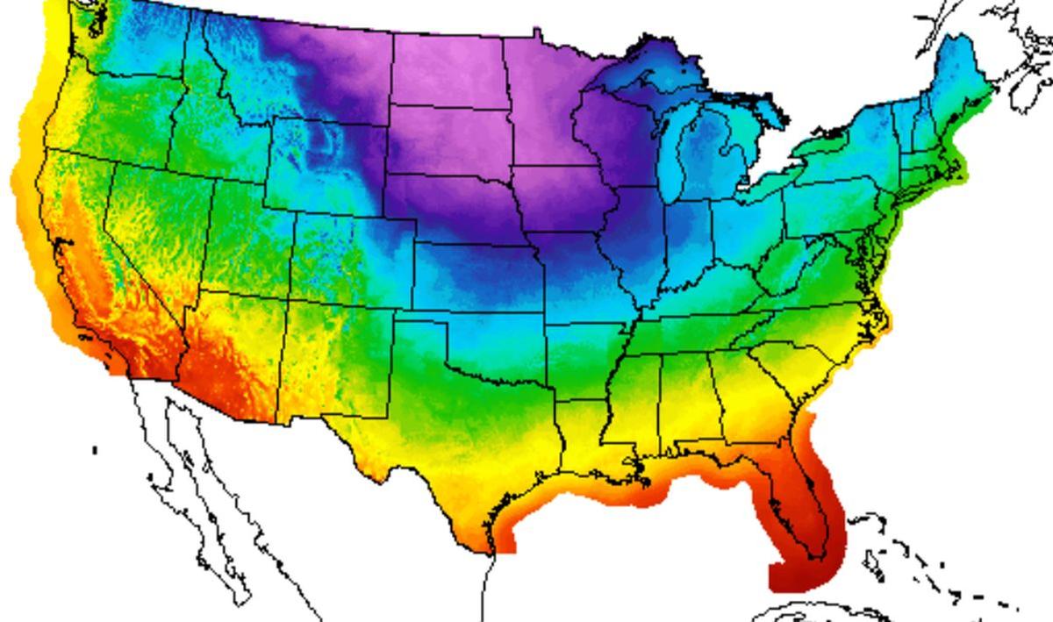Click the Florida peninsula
click(803, 509)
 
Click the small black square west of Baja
click(95, 450)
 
